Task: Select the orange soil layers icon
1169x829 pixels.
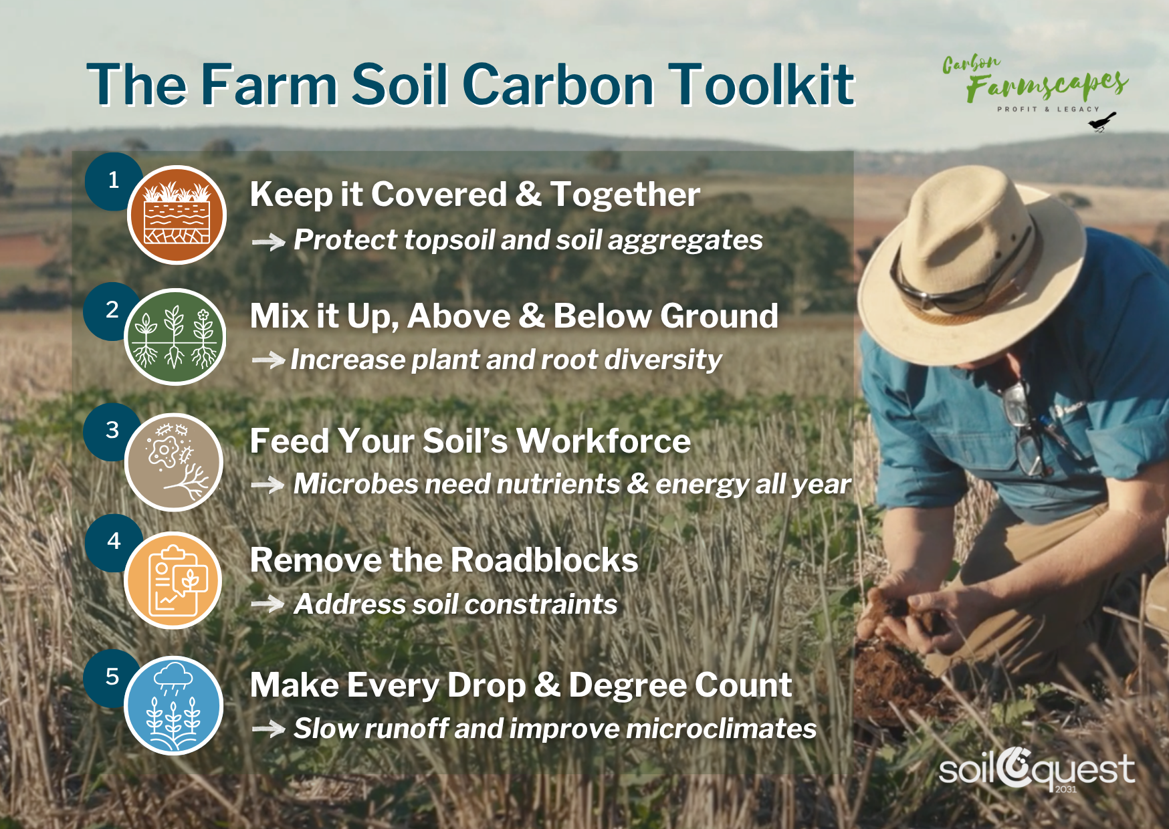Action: point(177,215)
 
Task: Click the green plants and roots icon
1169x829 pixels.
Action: point(175,336)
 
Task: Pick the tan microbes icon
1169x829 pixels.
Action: point(174,462)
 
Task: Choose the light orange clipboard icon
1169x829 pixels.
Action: point(174,580)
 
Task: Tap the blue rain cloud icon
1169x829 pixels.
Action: point(174,705)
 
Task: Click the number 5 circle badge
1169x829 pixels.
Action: point(112,677)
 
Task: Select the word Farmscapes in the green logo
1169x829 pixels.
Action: point(1047,86)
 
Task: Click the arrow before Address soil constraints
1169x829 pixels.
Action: point(268,604)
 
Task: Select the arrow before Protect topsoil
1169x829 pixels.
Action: point(268,241)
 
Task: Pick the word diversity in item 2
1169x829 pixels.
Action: point(663,360)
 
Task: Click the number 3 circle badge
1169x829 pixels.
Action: point(112,430)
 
